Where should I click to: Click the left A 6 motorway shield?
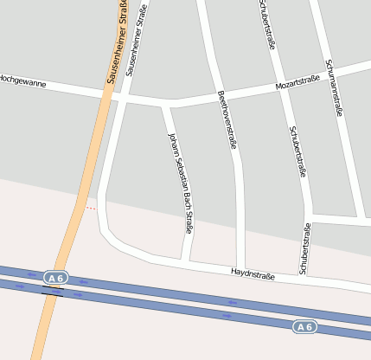click(56, 278)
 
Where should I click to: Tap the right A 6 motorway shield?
click(304, 326)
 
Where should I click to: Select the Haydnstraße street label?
click(253, 275)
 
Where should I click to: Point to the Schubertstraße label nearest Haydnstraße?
click(304, 249)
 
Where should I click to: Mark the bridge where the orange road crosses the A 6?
click(53, 290)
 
